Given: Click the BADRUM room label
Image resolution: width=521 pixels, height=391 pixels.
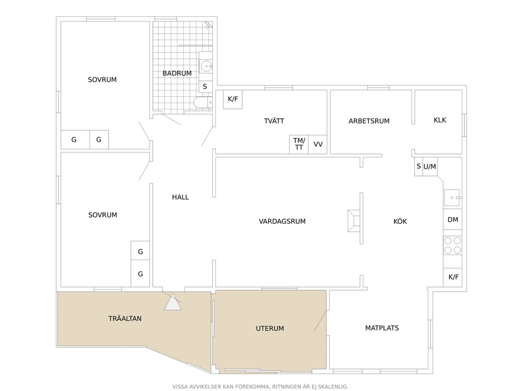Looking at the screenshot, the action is tap(177, 73).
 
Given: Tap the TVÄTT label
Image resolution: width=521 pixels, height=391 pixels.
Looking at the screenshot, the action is tap(274, 121).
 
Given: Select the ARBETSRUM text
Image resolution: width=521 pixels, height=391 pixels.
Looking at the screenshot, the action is tap(369, 121).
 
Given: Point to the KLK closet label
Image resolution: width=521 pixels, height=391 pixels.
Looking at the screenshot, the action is tap(440, 120).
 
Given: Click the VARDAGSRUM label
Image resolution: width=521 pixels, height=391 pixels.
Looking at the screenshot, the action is tap(282, 221).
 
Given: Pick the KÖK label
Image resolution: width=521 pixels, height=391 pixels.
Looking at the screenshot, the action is tap(400, 221).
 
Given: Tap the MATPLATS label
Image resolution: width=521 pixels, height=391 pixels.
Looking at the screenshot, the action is tap(382, 328).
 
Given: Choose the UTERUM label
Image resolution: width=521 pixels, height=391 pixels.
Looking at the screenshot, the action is tap(270, 328).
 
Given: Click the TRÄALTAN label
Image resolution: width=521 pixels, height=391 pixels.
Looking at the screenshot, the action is tap(125, 318).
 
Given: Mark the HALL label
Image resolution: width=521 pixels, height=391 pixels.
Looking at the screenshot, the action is tap(181, 197).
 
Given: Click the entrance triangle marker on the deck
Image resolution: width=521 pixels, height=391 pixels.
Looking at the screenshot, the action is tap(173, 302).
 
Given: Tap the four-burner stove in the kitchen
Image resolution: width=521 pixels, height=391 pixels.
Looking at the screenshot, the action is tap(453, 245).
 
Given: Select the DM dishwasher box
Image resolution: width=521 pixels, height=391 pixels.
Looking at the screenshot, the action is tap(453, 220).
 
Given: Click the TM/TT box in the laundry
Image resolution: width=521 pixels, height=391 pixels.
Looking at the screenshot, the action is tap(299, 145).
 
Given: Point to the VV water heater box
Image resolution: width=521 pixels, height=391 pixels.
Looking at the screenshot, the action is tap(318, 145).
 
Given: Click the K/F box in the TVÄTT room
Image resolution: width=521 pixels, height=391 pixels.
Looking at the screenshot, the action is tap(233, 99).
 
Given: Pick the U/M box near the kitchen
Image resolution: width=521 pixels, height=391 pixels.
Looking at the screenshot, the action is tap(430, 166).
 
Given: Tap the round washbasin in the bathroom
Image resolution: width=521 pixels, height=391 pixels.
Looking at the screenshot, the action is tap(206, 66).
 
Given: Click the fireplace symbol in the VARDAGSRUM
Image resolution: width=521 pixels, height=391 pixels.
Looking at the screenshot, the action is tap(354, 221).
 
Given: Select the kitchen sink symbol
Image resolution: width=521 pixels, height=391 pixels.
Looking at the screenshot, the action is tap(453, 198).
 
